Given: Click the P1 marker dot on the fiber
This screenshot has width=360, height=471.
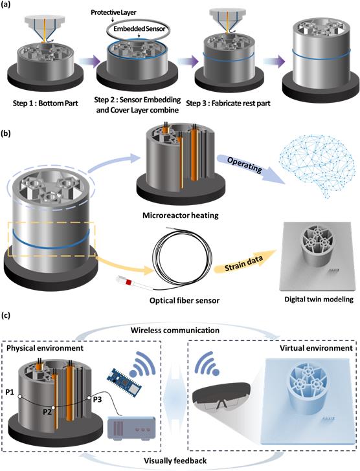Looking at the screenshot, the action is (19, 397).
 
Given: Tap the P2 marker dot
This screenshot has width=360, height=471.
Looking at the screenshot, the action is (53, 408).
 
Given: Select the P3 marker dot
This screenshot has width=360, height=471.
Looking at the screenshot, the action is (89, 398).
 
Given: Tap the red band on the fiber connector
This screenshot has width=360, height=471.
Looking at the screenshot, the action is (129, 282).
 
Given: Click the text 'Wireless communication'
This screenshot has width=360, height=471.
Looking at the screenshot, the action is (175, 331).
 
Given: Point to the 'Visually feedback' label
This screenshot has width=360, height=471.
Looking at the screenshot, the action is (175, 461).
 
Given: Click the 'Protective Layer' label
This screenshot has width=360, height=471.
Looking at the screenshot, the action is (113, 13).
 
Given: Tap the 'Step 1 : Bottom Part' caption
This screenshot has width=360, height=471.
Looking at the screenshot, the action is (45, 104).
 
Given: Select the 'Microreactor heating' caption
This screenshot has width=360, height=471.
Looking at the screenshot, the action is (180, 215).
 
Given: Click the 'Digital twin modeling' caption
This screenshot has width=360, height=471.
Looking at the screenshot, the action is (319, 299).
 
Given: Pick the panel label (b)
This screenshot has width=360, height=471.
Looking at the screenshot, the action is (6, 133).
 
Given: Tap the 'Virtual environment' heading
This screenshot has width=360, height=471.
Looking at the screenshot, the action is (316, 348).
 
